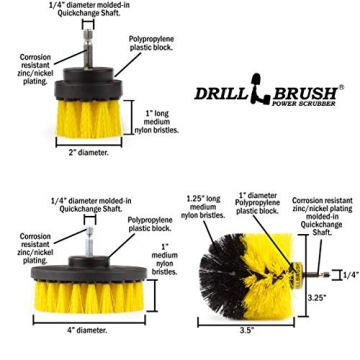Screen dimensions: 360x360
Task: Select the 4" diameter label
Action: [85, 328]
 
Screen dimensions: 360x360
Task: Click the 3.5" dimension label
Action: [247, 328]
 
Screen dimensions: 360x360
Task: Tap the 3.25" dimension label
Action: [316, 296]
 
